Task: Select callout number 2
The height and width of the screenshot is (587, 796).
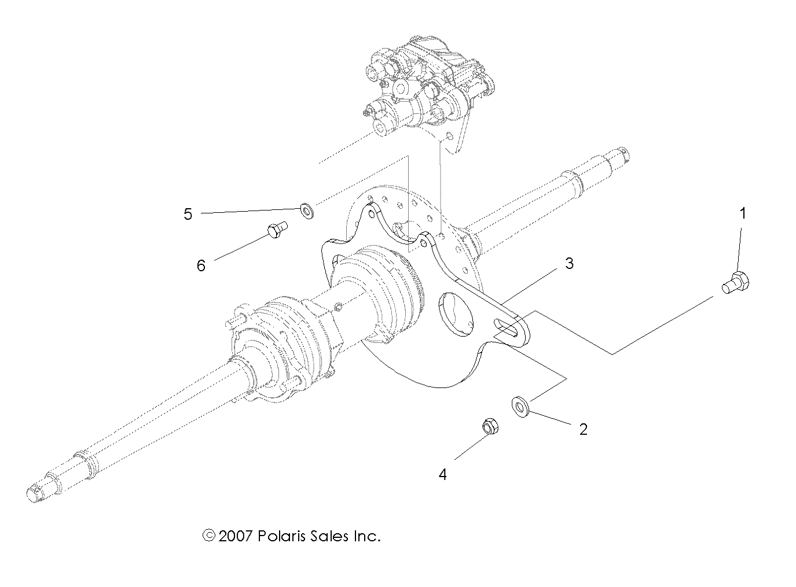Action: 584,429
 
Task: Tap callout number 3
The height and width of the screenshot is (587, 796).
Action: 569,264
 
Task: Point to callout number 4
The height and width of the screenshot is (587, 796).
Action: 443,475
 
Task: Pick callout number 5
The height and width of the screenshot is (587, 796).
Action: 188,214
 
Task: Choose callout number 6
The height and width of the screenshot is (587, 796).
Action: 201,265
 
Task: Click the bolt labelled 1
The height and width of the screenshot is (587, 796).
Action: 736,283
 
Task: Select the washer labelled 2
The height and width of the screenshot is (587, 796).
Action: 519,407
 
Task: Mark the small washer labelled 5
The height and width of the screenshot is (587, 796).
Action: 306,210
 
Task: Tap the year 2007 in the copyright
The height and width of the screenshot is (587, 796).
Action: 236,536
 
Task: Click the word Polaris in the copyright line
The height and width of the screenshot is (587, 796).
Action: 281,536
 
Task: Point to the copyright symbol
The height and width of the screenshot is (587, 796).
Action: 208,536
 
